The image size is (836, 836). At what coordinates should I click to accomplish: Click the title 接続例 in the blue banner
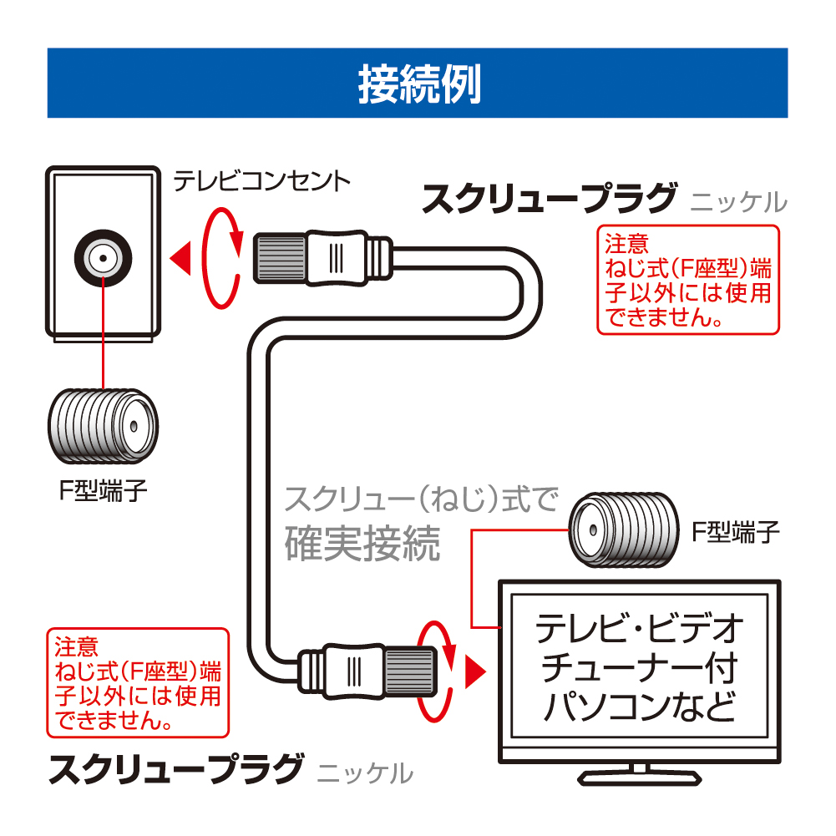pos(418,84)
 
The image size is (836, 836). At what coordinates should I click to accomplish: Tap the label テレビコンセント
pos(261,180)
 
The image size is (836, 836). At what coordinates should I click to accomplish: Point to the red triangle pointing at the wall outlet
pos(180,257)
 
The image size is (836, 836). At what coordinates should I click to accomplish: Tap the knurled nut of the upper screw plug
pos(279,256)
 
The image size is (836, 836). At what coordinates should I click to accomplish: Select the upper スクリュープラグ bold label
pos(548,200)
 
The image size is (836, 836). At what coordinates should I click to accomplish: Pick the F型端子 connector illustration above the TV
pos(621,530)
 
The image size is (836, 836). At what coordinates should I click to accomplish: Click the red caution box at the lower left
pos(136,682)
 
